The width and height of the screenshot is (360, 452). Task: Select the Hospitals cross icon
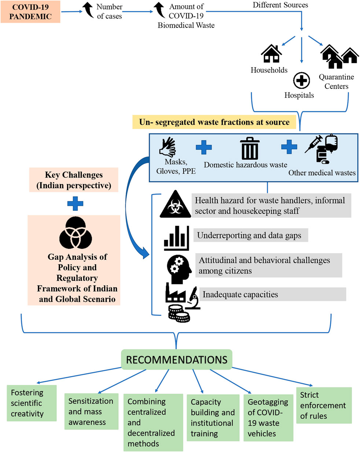coord(301,80)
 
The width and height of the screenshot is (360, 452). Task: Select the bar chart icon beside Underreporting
coord(176,238)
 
